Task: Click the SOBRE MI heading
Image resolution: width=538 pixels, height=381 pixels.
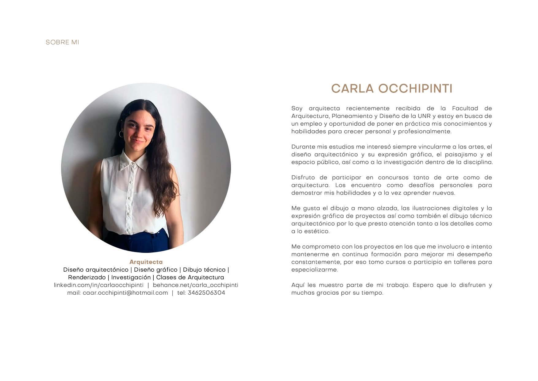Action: (62, 42)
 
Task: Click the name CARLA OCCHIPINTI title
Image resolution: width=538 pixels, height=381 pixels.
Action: (392, 88)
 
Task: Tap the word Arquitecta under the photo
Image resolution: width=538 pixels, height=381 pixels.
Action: (146, 262)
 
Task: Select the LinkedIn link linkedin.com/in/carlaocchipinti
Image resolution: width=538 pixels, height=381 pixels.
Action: (98, 285)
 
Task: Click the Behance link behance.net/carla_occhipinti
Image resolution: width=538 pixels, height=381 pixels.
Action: (195, 285)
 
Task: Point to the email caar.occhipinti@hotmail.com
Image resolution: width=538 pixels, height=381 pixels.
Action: (125, 293)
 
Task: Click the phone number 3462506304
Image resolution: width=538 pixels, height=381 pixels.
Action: (206, 293)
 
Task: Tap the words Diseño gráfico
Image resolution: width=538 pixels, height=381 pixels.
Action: (156, 269)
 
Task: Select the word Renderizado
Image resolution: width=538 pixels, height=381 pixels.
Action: (87, 277)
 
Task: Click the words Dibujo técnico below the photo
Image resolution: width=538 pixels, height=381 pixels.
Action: (204, 269)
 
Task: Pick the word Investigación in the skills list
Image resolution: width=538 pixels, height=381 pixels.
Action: (131, 277)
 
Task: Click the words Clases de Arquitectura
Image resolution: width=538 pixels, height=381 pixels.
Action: (190, 277)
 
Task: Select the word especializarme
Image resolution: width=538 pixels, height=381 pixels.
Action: (314, 270)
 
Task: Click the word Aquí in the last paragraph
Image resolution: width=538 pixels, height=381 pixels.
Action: (298, 285)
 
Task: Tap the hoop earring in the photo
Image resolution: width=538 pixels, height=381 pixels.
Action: (121, 134)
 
